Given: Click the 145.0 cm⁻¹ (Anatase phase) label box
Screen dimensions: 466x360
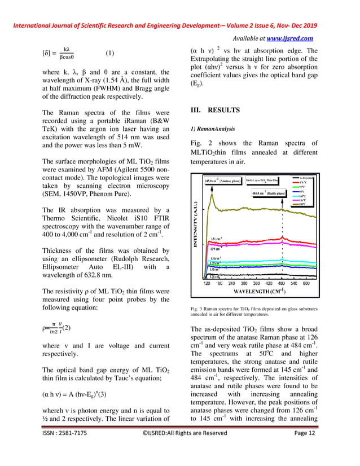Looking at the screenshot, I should pyautogui.click(x=224, y=181).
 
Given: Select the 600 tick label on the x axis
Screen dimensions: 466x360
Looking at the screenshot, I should pyautogui.click(x=306, y=283).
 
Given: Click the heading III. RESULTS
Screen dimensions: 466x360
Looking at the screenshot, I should pyautogui.click(x=216, y=110).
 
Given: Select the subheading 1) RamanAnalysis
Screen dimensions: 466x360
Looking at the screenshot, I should pyautogui.click(x=212, y=129).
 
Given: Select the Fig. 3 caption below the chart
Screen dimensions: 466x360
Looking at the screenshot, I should pyautogui.click(x=254, y=312).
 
